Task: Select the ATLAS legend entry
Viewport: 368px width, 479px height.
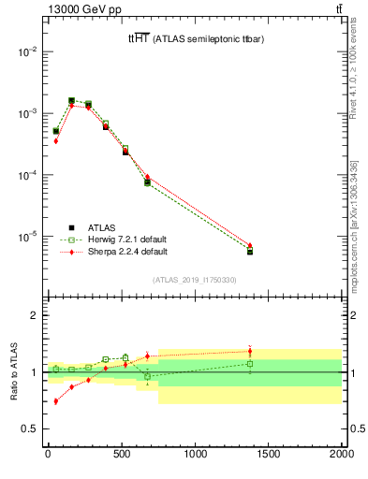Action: [x=99, y=227]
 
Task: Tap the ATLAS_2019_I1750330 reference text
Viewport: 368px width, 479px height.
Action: [x=195, y=280]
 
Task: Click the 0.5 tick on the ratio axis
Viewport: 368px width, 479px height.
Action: [x=29, y=428]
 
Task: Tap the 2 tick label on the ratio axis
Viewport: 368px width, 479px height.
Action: [x=34, y=315]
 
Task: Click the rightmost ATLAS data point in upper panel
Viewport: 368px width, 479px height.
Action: [x=250, y=252]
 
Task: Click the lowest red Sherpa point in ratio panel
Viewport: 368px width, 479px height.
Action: [x=55, y=401]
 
